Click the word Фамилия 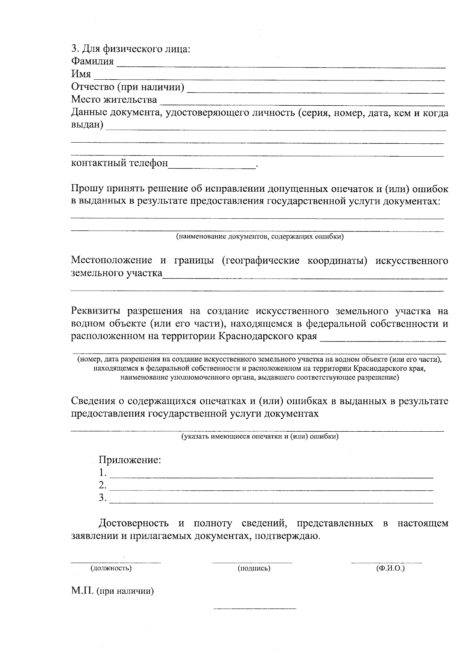coord(92,61)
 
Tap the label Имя coord(81,74)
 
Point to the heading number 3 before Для coord(74,49)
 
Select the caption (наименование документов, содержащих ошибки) coord(260,236)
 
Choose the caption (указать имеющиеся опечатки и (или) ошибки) coord(260,436)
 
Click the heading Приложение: coord(130,460)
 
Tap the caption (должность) coord(111,568)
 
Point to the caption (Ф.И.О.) coord(390,568)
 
